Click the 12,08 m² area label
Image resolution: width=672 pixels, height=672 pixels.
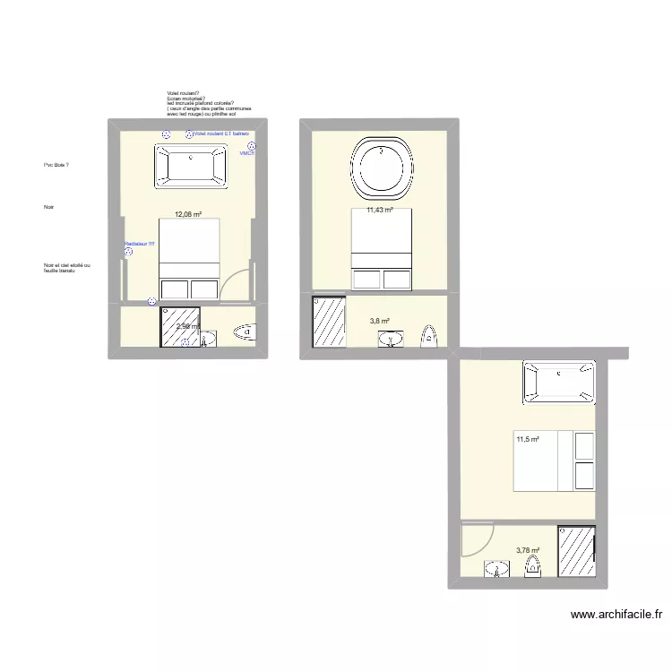[187, 215]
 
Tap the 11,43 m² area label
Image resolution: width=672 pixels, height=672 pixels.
[380, 211]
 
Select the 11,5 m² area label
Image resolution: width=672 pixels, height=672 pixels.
[528, 438]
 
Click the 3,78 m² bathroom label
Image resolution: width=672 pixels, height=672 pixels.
[529, 551]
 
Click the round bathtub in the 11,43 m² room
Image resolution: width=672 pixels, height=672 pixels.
[383, 168]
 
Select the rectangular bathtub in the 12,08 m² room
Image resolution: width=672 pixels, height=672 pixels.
[190, 166]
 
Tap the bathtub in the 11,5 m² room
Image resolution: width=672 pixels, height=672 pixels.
[559, 382]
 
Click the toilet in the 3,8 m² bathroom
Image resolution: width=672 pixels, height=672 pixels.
[430, 336]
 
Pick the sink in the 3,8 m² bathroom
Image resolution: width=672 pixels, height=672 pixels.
[391, 338]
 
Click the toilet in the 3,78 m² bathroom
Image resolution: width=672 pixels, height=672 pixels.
[534, 566]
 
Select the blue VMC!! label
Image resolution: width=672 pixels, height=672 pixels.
[247, 153]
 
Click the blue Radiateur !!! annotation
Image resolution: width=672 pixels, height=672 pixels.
[139, 243]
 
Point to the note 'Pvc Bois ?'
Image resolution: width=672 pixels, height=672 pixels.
[56, 166]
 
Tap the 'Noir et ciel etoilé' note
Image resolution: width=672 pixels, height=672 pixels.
[66, 267]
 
